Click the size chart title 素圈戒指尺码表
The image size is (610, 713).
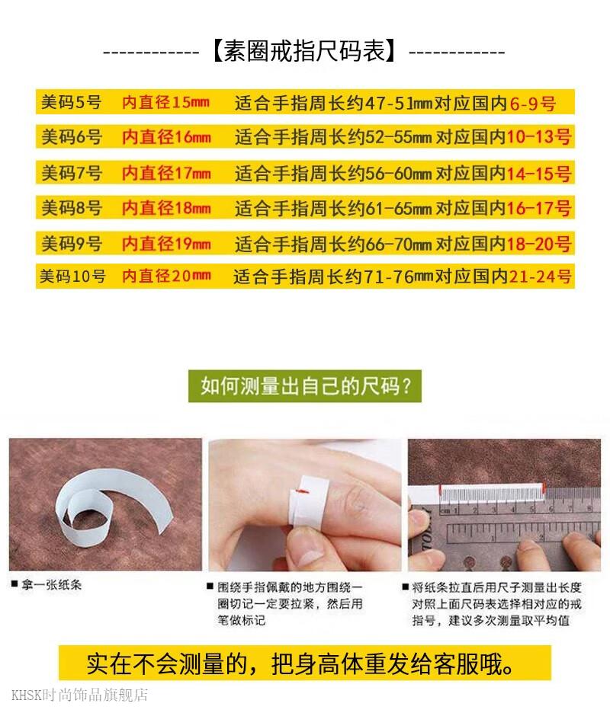(304, 51)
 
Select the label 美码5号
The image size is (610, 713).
(71, 102)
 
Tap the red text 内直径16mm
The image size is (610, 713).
(166, 137)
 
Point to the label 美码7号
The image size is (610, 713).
(72, 173)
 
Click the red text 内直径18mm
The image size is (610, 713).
(166, 208)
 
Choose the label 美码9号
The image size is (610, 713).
(72, 244)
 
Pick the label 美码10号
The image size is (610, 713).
(72, 276)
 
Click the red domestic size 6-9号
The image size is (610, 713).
(532, 104)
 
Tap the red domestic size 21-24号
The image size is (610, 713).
(540, 277)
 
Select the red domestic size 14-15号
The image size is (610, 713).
(538, 173)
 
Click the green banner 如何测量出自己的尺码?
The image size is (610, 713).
(305, 386)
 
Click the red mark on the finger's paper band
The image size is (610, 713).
(302, 491)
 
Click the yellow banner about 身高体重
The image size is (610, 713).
(304, 664)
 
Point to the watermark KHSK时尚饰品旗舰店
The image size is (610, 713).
(79, 695)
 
